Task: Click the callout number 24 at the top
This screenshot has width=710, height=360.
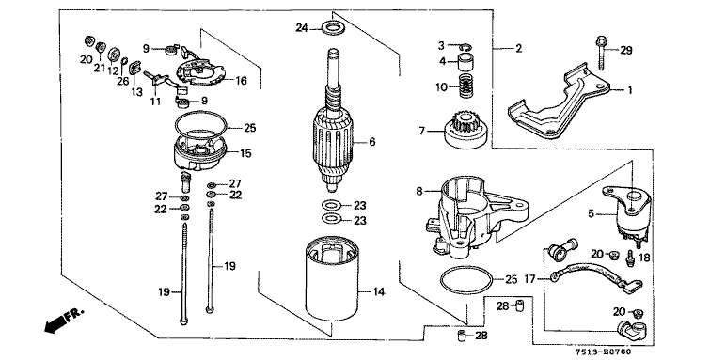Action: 302,28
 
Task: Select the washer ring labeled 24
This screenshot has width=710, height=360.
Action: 332,27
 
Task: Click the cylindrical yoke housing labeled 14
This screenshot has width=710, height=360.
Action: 332,280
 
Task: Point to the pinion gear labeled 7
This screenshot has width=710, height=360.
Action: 465,132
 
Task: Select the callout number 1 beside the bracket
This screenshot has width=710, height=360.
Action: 629,90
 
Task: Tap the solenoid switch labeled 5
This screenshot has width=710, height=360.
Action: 627,211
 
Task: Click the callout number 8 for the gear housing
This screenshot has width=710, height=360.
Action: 419,192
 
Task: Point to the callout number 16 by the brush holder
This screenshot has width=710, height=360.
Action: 241,81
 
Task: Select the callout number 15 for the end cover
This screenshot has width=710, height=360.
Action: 245,153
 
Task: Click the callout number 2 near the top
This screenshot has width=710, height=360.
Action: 518,48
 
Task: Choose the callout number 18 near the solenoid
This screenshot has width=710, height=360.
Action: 643,258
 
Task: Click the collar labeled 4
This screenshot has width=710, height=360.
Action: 465,62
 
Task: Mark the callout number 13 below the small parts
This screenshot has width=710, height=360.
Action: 136,92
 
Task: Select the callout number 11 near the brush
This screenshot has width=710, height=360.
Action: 155,102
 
